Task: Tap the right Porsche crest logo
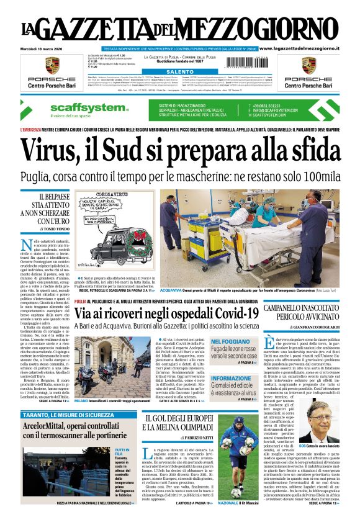[x=309, y=65]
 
